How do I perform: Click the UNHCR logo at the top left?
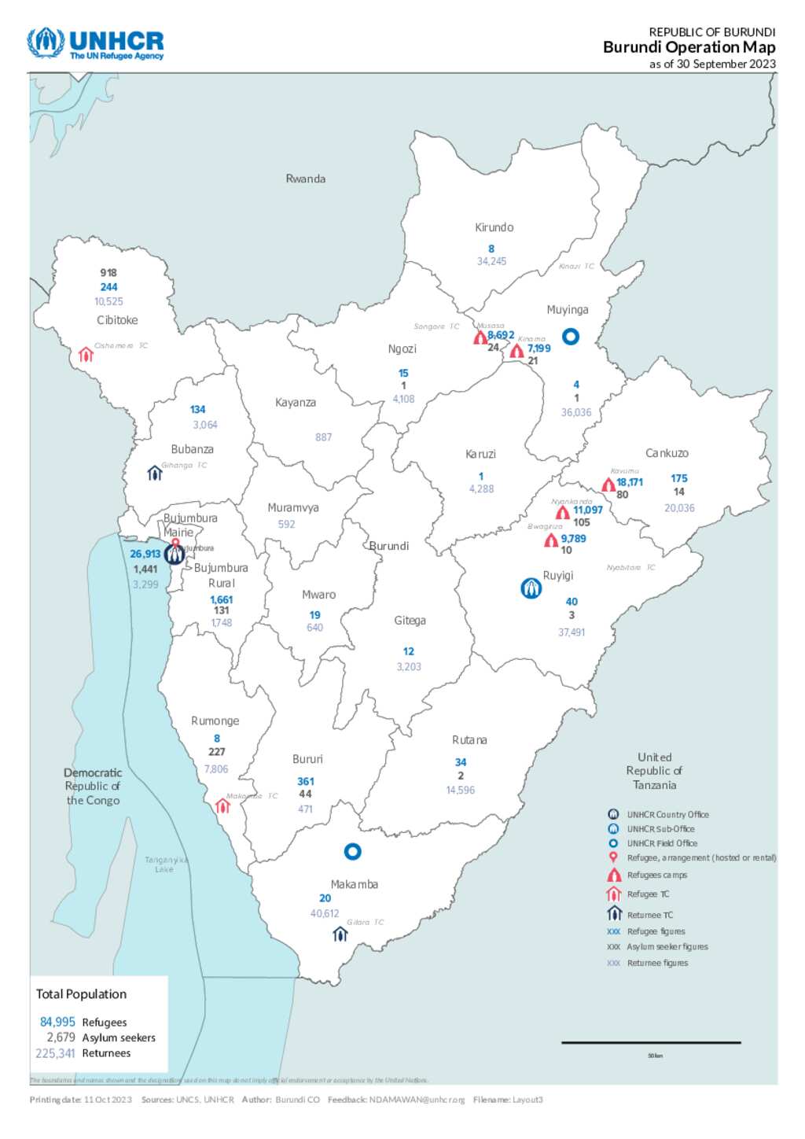coord(95,44)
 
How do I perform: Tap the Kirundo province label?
coord(494,227)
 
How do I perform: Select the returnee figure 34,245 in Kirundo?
coord(491,261)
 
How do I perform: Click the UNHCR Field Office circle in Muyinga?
coord(571,337)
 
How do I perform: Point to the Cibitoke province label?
coord(117,320)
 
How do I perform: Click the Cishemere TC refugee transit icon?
coord(86,355)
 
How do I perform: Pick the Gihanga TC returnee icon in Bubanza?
coord(154,474)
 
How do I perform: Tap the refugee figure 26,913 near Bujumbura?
coord(145,554)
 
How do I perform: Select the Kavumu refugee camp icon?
coord(608,485)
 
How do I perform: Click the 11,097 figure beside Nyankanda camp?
coord(587,510)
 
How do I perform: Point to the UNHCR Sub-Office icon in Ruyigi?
coord(531,588)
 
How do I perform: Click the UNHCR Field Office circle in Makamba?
coord(353,851)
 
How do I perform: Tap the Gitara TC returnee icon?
coord(340,934)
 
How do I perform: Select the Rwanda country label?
coord(305,179)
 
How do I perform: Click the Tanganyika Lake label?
coord(165,864)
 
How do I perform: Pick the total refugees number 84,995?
coord(57,1022)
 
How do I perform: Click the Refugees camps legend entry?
coord(656,875)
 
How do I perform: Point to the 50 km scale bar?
coord(651,1043)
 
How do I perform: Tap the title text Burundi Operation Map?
coord(689,47)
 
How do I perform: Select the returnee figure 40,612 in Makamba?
coord(324,913)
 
